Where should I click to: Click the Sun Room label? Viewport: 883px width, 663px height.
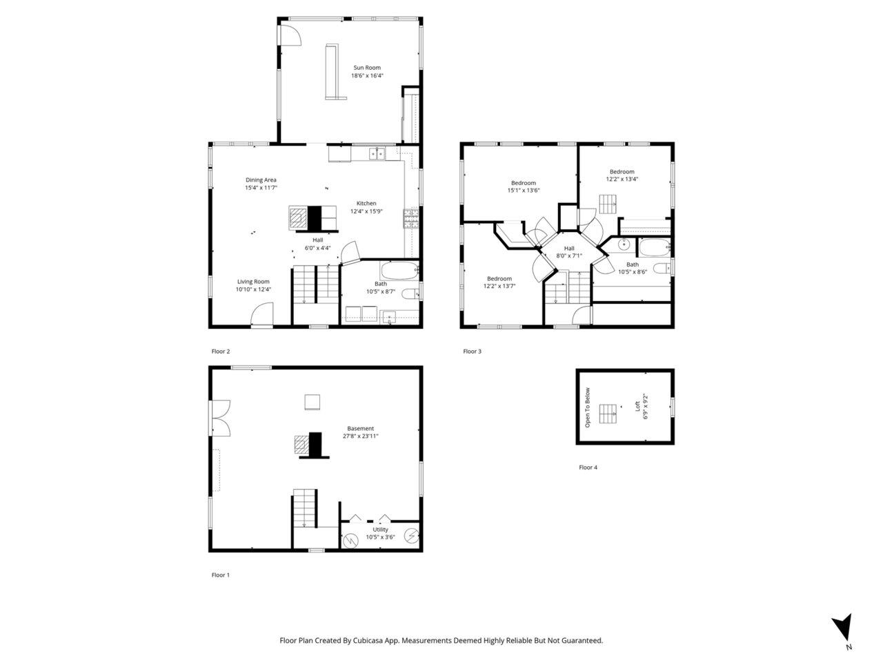(366, 68)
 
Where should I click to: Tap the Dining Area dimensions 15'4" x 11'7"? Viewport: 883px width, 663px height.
(261, 188)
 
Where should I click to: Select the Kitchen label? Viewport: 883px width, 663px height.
(366, 203)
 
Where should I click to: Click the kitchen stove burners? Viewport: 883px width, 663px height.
(410, 219)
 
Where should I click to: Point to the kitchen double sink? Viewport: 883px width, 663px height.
(377, 153)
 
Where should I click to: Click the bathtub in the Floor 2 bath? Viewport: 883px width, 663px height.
(399, 271)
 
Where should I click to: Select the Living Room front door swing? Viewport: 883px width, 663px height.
(262, 314)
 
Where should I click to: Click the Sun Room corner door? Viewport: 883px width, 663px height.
(290, 35)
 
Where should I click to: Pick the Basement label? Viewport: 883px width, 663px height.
(360, 428)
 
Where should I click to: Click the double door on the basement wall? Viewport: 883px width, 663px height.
(221, 419)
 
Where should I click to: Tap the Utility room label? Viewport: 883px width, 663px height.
(380, 529)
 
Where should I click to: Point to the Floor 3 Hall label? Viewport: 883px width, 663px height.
(569, 249)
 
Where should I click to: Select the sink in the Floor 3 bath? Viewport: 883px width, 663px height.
(624, 244)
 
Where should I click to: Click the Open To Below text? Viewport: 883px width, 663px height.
(587, 407)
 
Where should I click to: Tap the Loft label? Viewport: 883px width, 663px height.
(637, 406)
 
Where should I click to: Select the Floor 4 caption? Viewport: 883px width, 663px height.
(588, 468)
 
